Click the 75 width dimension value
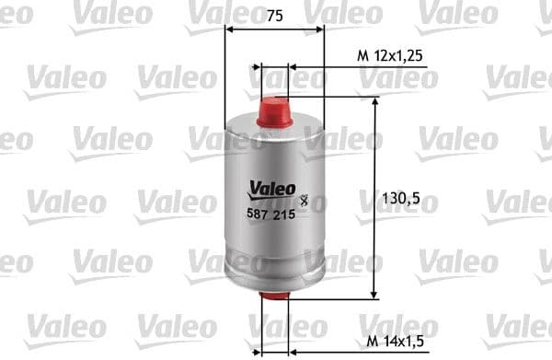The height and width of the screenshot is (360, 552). point(273,14)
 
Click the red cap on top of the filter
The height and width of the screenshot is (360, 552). point(275,112)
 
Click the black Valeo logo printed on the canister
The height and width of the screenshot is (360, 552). point(270,190)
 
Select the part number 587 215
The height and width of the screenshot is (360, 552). point(270,213)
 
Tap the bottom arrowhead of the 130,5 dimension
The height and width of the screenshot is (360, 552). point(374,296)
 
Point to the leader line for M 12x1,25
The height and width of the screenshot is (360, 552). point(322,67)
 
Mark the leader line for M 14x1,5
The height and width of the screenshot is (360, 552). point(322,350)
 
